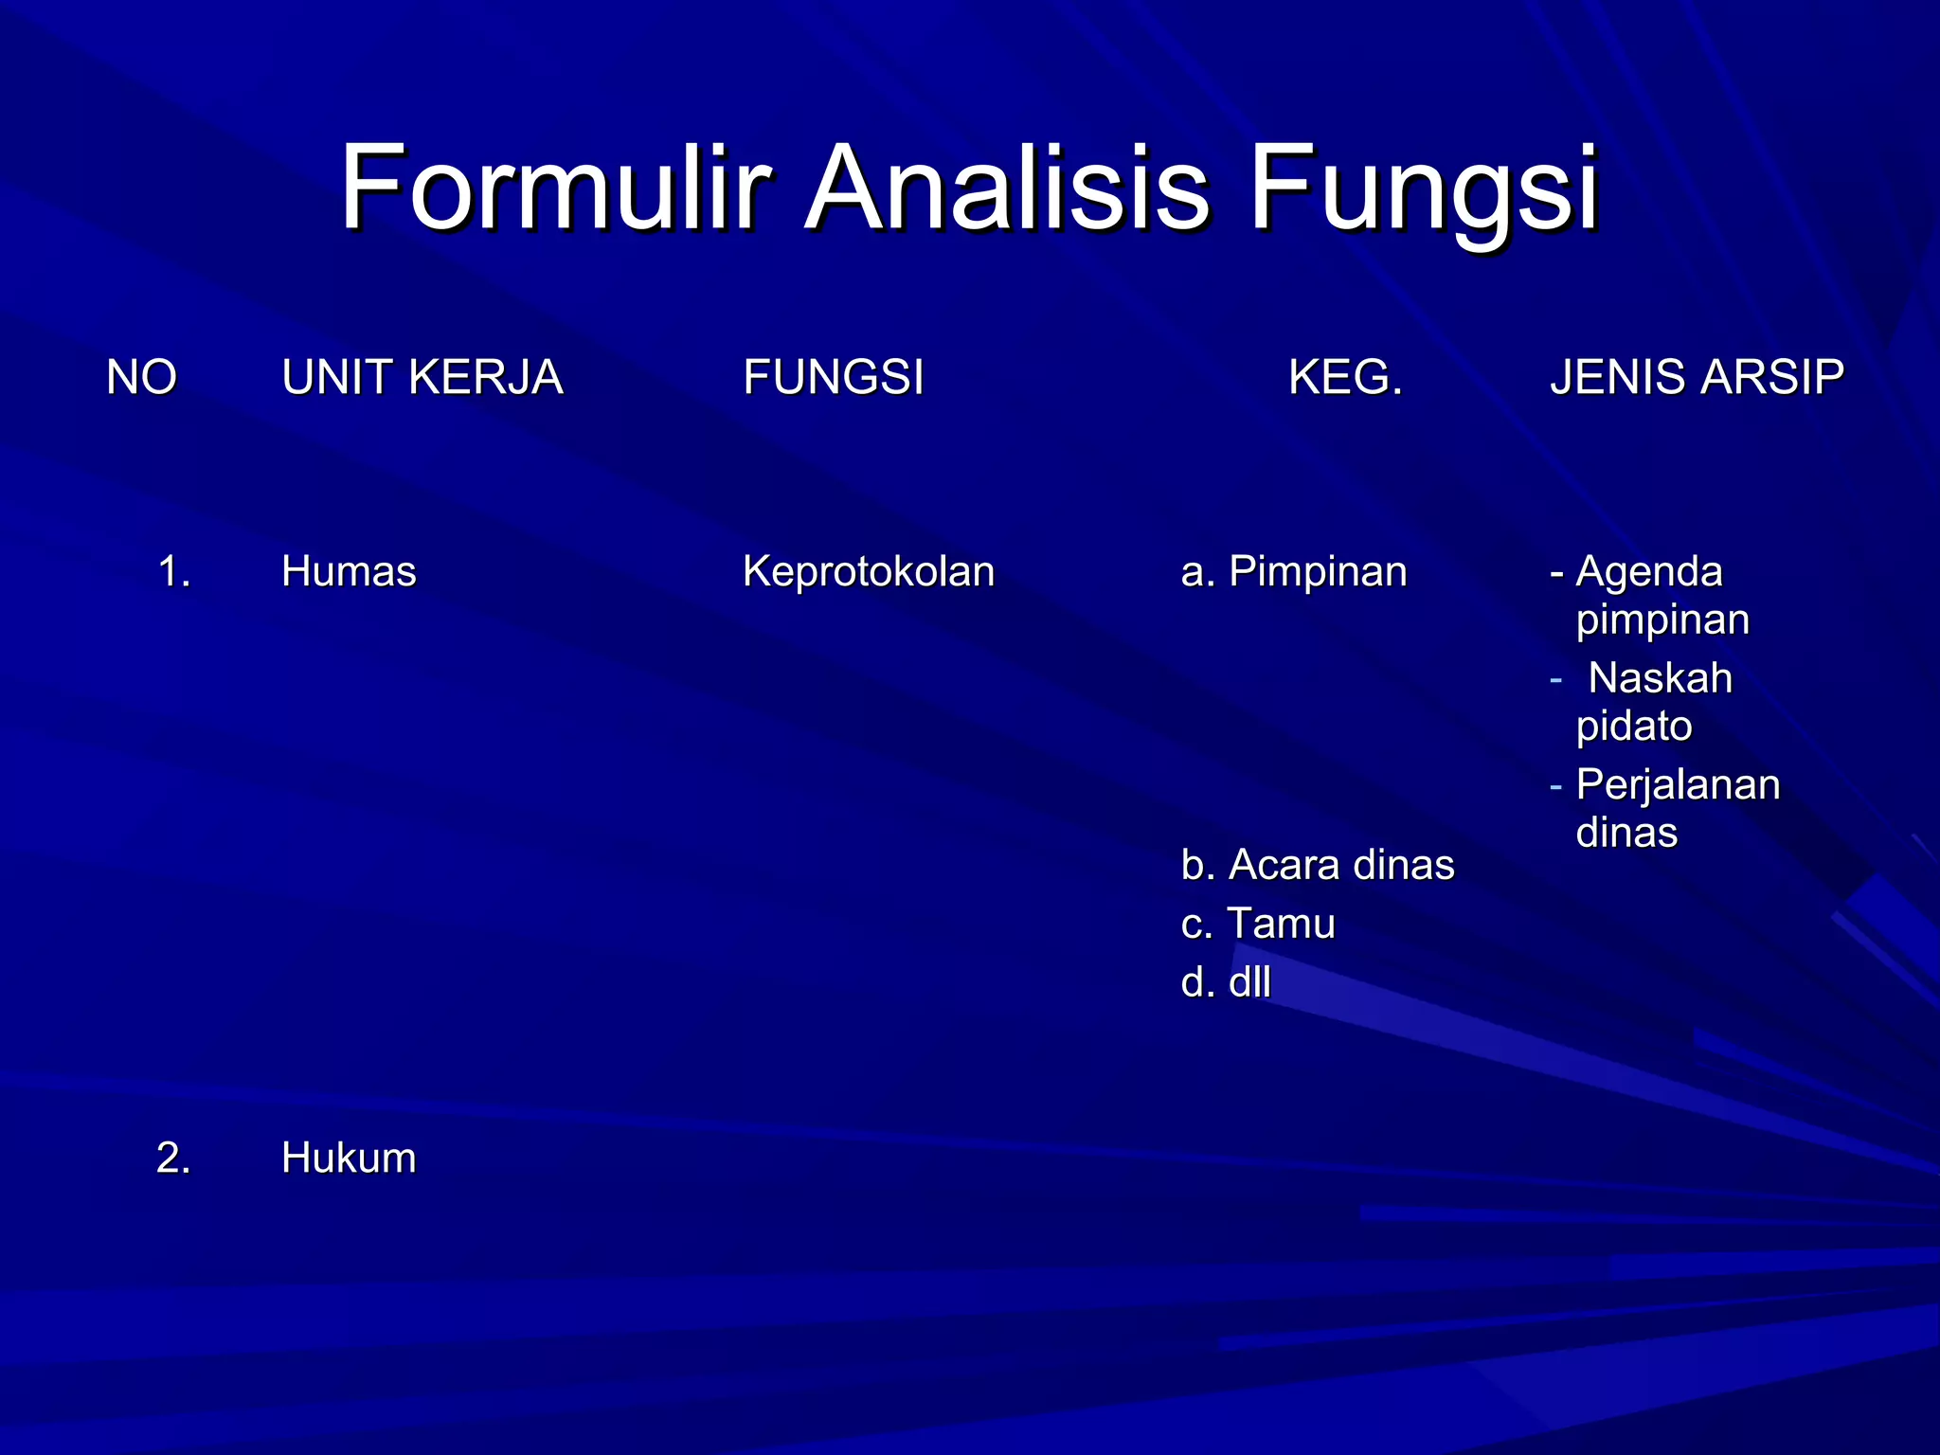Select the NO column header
[141, 378]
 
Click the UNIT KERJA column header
[422, 378]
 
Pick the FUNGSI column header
[833, 378]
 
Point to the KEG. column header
[1345, 378]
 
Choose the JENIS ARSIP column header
[1697, 378]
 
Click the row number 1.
[173, 572]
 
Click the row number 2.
[173, 1159]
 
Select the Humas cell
[349, 572]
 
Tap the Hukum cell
[349, 1159]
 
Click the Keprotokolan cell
[868, 572]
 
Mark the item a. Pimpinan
[1294, 572]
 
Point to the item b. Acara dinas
[1317, 865]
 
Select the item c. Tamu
[1258, 924]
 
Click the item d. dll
[1226, 982]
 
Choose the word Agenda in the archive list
[1649, 572]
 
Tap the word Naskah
[1660, 678]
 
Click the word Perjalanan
[1678, 785]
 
